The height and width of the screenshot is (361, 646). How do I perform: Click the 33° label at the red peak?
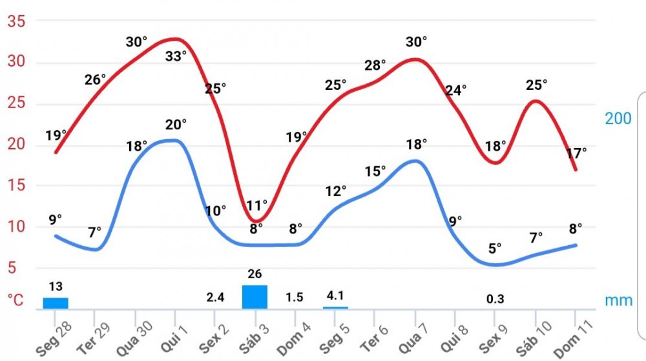[175, 56]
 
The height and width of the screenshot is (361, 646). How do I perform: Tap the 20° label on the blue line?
[175, 124]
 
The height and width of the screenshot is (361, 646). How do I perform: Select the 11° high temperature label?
[256, 206]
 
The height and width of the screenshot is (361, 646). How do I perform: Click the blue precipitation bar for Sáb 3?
[255, 297]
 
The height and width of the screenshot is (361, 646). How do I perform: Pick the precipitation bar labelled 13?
[56, 303]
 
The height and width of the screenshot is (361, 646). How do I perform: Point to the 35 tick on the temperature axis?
[16, 22]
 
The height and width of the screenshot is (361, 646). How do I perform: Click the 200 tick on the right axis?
[618, 119]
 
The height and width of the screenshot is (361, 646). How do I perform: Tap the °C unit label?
[16, 300]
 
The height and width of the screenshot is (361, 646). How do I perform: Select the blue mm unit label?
[619, 301]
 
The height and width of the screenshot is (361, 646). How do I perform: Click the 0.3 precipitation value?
[495, 298]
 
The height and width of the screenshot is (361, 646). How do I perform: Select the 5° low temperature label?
[495, 248]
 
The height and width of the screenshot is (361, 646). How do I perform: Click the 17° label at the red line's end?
[576, 153]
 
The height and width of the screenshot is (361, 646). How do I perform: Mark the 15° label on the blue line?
[375, 171]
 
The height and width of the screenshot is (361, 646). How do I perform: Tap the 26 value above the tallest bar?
[255, 274]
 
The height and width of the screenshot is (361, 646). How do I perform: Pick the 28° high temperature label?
[375, 65]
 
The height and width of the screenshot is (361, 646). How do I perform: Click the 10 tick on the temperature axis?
[16, 226]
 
